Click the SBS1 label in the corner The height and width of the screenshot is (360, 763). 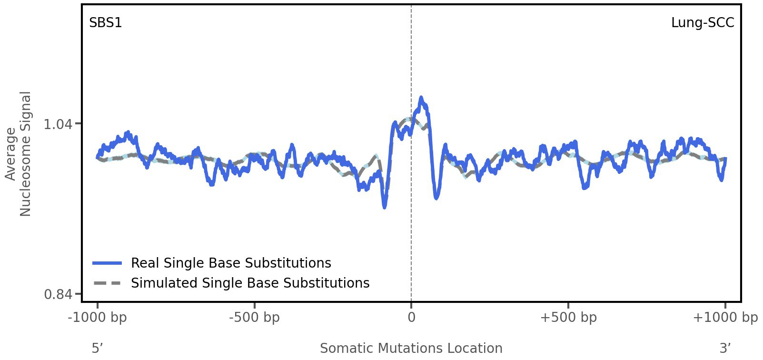[106, 22]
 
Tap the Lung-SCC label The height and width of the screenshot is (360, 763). [702, 22]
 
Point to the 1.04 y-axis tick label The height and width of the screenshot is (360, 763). [58, 124]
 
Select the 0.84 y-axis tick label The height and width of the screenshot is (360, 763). [58, 294]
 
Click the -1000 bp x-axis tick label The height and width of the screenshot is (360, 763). [98, 317]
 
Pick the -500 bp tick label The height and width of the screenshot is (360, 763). [254, 317]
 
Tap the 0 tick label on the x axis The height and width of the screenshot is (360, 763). [411, 317]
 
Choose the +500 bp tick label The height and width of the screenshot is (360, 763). [568, 317]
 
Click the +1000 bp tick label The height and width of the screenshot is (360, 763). [725, 317]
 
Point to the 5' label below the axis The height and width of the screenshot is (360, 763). [97, 348]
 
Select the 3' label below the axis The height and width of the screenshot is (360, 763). [725, 348]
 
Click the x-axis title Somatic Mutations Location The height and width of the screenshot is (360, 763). [411, 348]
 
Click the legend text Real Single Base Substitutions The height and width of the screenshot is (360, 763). [231, 263]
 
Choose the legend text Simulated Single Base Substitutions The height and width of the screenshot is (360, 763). [250, 283]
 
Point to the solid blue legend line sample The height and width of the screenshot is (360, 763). [108, 263]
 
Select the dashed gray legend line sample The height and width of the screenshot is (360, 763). [108, 283]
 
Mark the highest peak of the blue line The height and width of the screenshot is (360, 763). [421, 98]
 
